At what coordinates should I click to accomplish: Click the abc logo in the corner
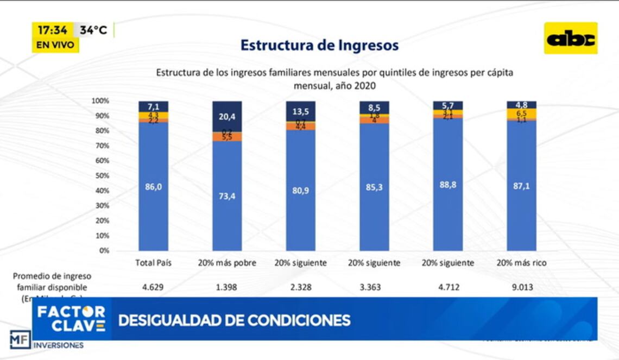[571, 38]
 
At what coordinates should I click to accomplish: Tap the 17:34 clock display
[53, 30]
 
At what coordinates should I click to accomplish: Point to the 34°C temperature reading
[93, 30]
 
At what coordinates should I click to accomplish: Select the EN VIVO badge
[55, 45]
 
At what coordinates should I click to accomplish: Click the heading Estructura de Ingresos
[319, 45]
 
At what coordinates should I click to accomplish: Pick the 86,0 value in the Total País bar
[153, 186]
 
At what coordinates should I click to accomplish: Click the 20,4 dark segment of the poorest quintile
[227, 116]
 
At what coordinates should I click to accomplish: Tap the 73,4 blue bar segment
[227, 196]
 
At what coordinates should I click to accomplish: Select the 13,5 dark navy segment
[301, 111]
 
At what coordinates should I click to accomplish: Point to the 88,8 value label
[448, 185]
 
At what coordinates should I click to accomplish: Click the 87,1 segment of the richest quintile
[521, 186]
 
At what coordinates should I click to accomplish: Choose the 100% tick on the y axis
[100, 101]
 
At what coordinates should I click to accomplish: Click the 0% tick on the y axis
[104, 251]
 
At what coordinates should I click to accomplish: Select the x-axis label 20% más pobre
[227, 263]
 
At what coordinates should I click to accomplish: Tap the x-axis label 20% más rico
[521, 263]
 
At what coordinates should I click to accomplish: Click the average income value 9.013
[521, 287]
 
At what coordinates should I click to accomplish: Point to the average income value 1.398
[227, 287]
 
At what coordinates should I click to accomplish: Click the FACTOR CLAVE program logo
[71, 319]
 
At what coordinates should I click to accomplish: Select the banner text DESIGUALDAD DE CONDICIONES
[234, 320]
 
